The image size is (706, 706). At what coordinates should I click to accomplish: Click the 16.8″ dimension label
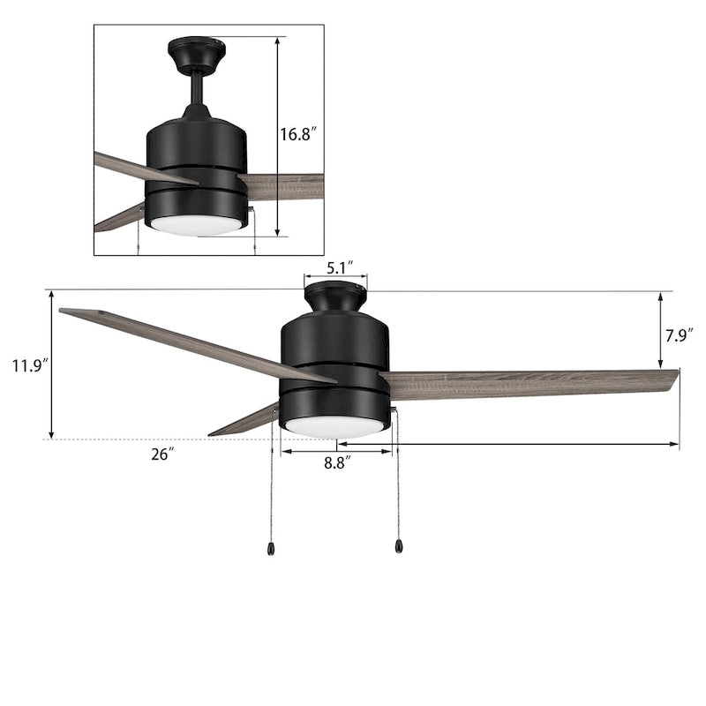tap(298, 135)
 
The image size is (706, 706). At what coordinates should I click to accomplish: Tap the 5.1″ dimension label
tap(335, 265)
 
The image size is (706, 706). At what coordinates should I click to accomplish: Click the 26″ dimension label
tap(162, 454)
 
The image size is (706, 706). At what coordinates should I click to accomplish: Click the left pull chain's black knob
tap(269, 549)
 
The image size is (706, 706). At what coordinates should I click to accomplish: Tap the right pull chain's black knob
tap(399, 548)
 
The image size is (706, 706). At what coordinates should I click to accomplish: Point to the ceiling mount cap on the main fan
tap(335, 297)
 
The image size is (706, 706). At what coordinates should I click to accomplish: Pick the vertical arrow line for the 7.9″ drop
tap(661, 330)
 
